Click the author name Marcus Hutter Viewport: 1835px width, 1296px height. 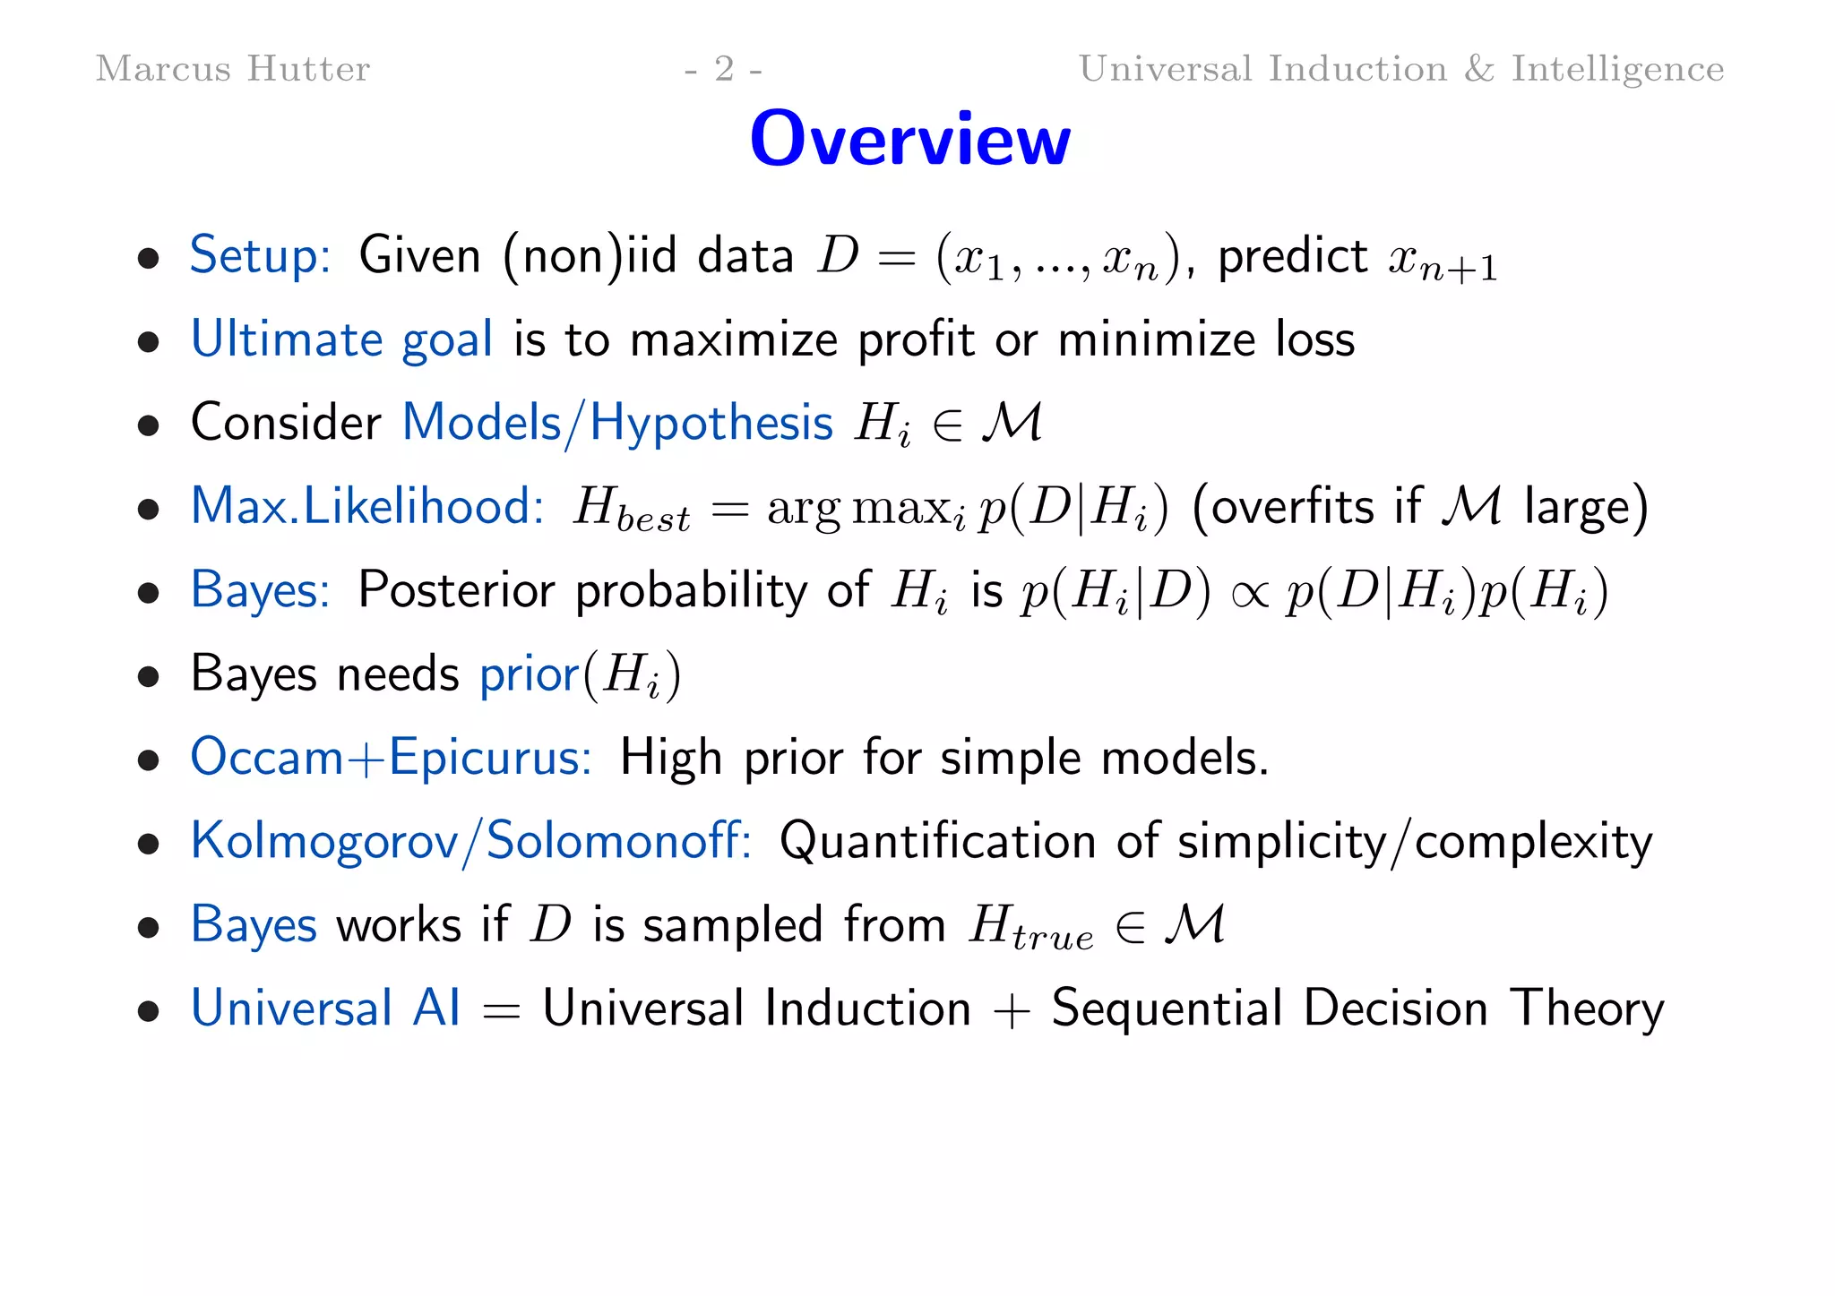tap(232, 69)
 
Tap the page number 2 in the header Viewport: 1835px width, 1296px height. tap(724, 69)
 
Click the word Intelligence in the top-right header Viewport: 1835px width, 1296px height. tap(1617, 69)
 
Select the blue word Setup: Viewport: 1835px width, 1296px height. tap(260, 256)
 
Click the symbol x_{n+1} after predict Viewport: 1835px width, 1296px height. tap(1442, 262)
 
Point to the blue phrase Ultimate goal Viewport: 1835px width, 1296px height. tap(341, 339)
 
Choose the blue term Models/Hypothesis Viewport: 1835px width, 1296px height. tap(617, 423)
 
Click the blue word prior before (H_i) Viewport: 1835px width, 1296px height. tap(530, 674)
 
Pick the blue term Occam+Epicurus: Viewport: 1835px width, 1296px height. tap(391, 758)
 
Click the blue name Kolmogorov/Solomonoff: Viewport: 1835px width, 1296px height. tap(470, 841)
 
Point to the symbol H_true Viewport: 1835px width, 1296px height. tap(1030, 928)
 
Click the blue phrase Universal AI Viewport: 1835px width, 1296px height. tap(325, 1008)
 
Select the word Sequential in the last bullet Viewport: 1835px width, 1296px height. tap(1167, 1008)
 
